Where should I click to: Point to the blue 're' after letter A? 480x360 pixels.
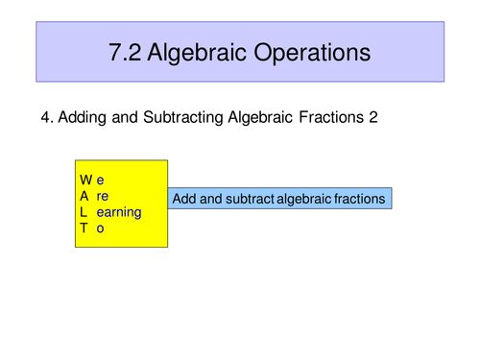(103, 196)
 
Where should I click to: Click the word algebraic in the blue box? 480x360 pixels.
(304, 199)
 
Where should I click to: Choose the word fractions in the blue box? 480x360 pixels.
(360, 199)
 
